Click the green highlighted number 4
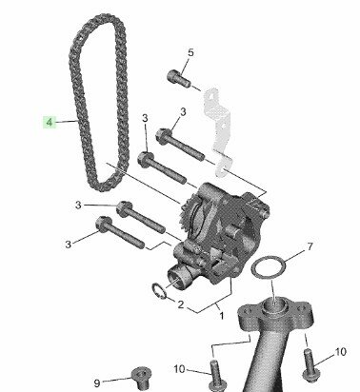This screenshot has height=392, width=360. click(50, 122)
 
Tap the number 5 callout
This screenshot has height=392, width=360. click(190, 52)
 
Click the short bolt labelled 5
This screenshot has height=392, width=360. click(179, 78)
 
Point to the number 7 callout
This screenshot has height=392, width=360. click(310, 246)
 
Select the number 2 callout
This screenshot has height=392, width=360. click(181, 304)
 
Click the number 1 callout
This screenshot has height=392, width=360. click(222, 316)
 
